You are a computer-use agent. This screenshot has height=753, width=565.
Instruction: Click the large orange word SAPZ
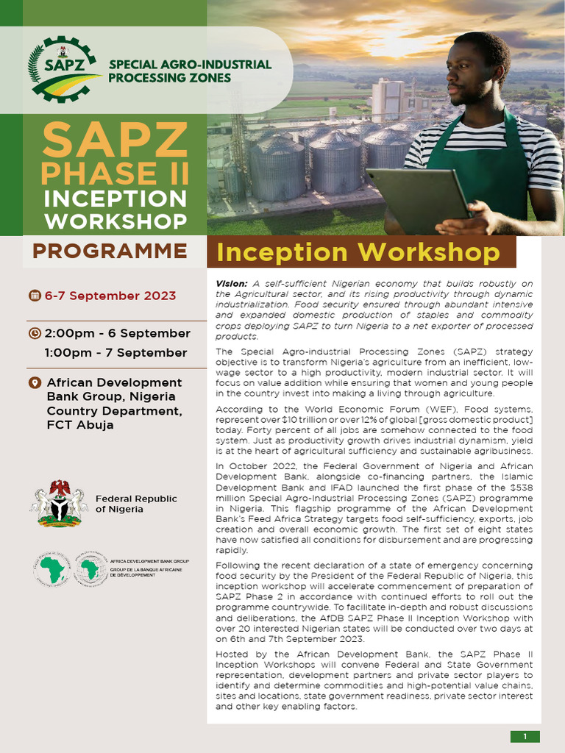click(x=115, y=140)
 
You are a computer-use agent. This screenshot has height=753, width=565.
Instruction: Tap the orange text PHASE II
click(x=115, y=173)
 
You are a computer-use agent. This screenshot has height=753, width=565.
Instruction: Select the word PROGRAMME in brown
click(x=110, y=251)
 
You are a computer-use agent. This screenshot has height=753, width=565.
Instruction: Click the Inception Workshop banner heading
click(x=358, y=252)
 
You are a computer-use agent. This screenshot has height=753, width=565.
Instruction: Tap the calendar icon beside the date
click(x=35, y=296)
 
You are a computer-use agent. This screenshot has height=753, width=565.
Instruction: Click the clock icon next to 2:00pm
click(x=35, y=333)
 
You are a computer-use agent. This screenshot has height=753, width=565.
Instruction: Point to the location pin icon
click(x=34, y=383)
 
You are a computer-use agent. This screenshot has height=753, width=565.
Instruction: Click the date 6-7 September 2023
click(x=110, y=296)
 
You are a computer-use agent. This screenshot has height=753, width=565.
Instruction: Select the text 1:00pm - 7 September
click(x=116, y=352)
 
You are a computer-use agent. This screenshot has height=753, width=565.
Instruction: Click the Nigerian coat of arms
click(x=59, y=503)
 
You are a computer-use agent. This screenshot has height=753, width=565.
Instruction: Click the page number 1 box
click(x=525, y=736)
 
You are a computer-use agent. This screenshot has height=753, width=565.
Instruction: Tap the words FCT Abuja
click(x=80, y=424)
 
